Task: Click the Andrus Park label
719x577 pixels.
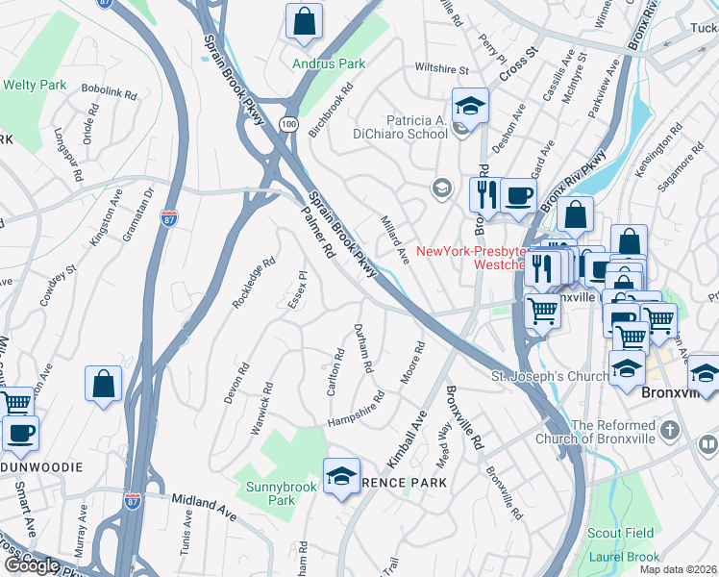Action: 330,63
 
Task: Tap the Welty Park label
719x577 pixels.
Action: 35,85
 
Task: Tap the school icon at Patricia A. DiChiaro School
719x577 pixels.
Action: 470,107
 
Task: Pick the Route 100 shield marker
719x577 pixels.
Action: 288,124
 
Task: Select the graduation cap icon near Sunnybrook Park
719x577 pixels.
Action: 341,476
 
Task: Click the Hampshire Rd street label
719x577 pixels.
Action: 356,409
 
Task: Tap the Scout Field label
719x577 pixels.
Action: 621,533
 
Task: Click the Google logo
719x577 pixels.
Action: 32,564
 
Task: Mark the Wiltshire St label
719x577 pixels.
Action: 441,69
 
